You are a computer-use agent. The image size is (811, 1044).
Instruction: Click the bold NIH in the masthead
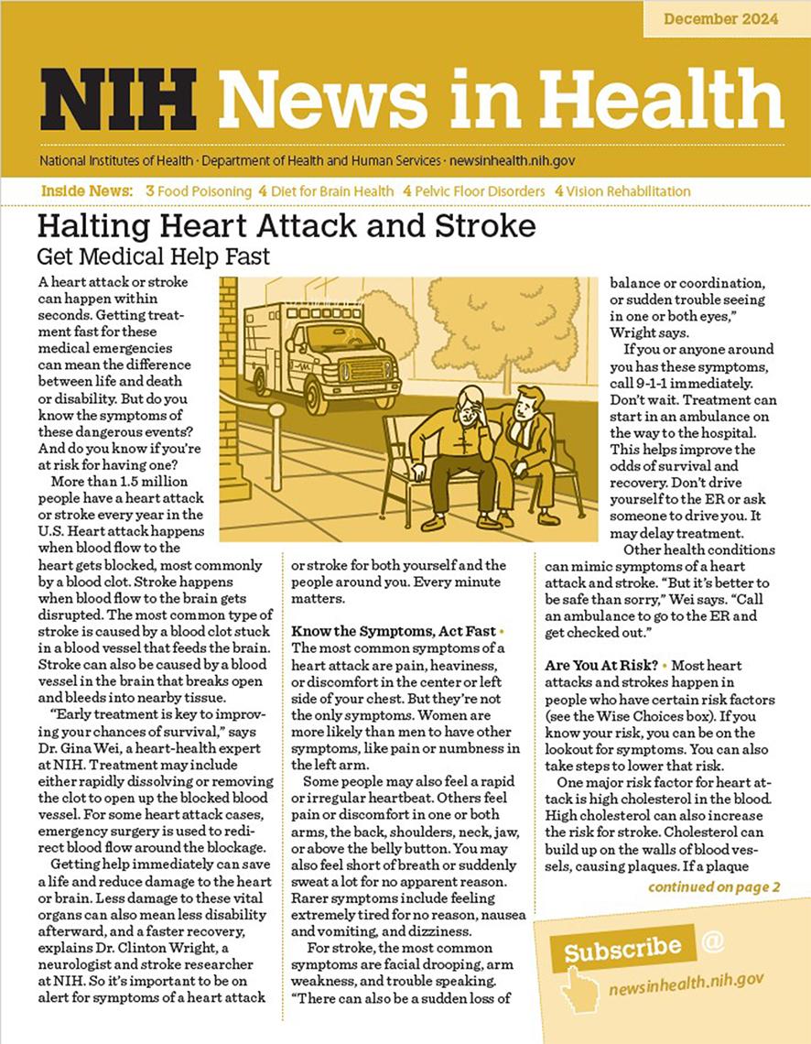[x=117, y=98]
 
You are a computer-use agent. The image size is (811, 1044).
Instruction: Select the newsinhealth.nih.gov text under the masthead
[x=511, y=160]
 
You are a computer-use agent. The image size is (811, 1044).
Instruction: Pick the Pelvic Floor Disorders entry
[x=478, y=191]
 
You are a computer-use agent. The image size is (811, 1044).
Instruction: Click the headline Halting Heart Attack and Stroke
[x=286, y=225]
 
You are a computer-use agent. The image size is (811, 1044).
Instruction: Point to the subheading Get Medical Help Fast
[x=154, y=256]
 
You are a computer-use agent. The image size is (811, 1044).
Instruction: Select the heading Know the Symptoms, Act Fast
[x=394, y=632]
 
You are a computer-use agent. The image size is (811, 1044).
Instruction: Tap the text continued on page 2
[x=714, y=886]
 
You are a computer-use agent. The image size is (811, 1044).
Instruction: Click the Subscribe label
[x=622, y=948]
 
